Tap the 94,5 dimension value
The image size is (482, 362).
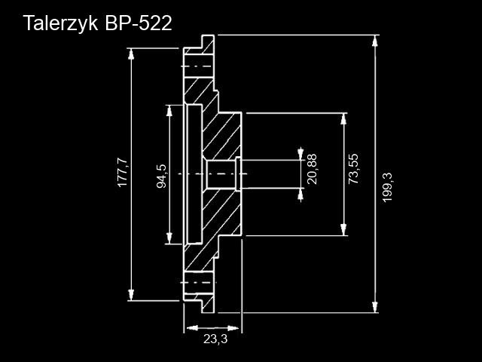click(x=161, y=175)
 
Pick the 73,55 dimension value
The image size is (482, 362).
click(x=353, y=169)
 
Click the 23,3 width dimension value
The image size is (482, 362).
click(x=215, y=339)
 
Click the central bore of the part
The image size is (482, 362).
click(x=221, y=174)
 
